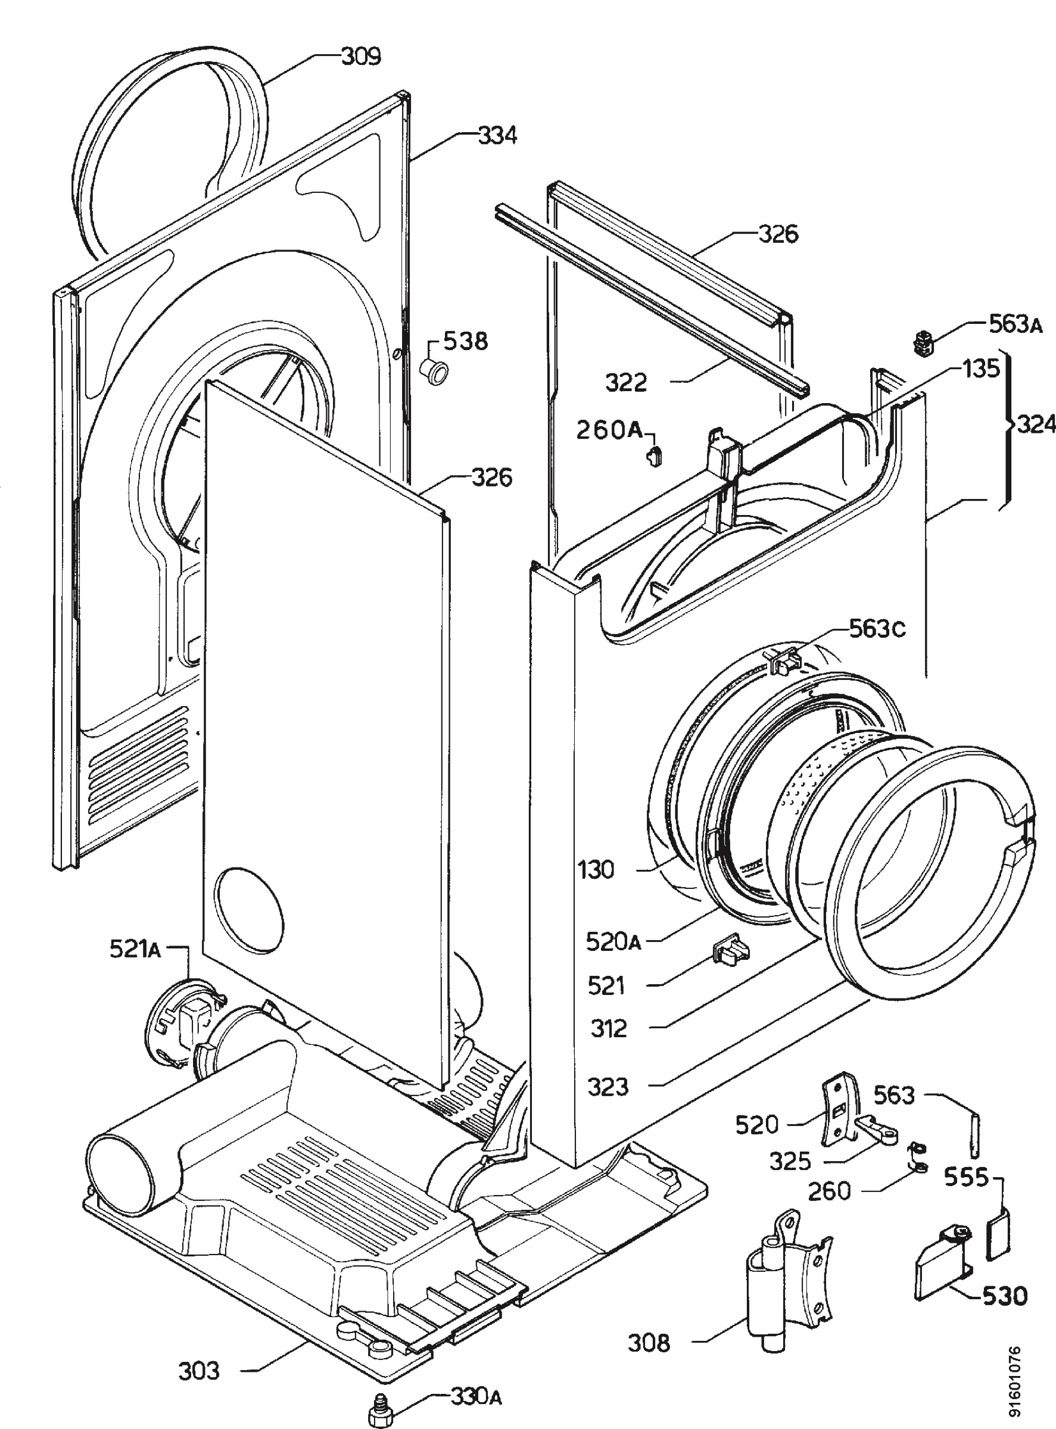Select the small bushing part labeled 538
pos(433,372)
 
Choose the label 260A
pos(609,430)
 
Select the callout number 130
pos(596,869)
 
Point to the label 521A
pos(135,950)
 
